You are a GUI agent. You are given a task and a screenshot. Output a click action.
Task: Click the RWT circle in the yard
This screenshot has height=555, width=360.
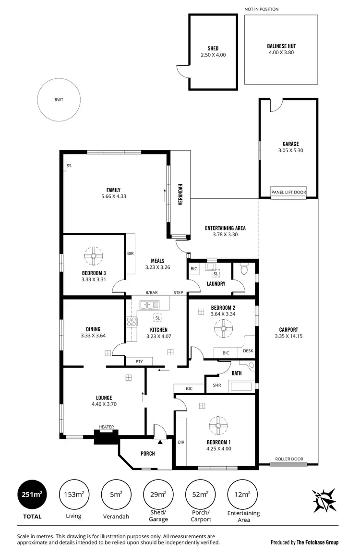(x=59, y=100)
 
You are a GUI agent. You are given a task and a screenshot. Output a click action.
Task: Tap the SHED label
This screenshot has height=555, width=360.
(x=213, y=48)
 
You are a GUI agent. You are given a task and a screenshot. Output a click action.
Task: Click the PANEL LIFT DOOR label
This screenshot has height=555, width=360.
(x=288, y=192)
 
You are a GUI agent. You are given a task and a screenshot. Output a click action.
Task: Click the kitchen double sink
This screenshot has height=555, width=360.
(x=149, y=304)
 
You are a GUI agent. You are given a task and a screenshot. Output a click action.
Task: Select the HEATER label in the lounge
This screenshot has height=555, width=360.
(x=106, y=427)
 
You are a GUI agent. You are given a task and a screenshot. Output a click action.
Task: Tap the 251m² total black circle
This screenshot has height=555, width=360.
(x=33, y=495)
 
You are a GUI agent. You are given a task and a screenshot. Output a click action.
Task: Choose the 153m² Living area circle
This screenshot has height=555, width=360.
(x=73, y=495)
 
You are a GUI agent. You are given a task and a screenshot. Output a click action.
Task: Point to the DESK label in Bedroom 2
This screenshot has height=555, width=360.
(x=248, y=351)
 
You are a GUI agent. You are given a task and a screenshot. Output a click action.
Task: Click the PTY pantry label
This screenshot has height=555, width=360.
(x=139, y=362)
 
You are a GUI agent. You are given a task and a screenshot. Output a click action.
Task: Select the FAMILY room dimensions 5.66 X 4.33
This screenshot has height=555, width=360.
(x=113, y=196)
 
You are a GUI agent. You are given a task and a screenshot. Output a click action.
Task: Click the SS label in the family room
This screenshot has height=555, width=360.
(x=69, y=166)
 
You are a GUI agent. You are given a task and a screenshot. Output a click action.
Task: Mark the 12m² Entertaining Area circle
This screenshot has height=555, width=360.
(x=241, y=495)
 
